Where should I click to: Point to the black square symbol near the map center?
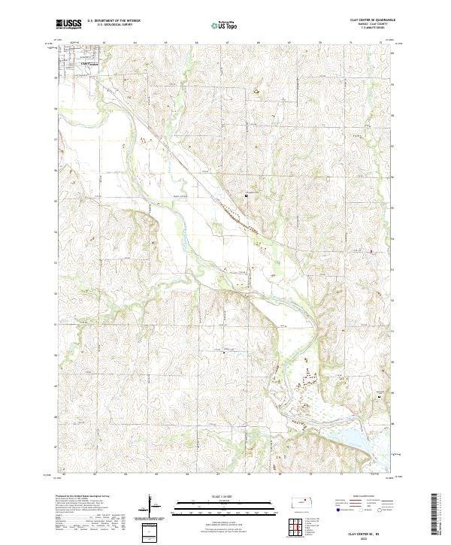247,197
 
